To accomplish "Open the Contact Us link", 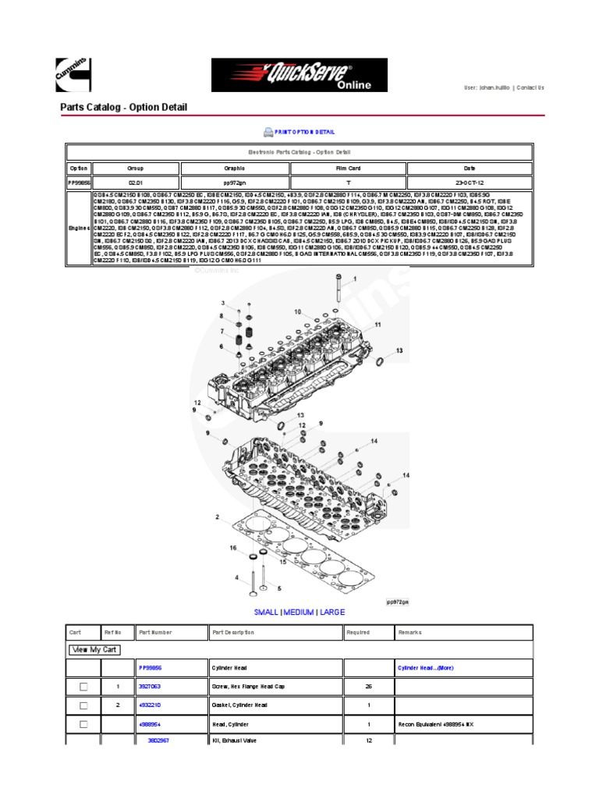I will coord(530,88).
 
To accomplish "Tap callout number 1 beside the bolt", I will coord(356,278).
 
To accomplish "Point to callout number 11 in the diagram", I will coord(377,323).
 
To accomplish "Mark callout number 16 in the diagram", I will coord(232,549).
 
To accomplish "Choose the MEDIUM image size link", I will coord(299,613).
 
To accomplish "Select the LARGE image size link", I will coord(331,613).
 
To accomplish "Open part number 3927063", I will coord(150,687).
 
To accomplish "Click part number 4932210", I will coord(150,705).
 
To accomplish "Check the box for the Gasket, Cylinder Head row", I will coord(83,705).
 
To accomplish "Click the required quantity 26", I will coord(368,687).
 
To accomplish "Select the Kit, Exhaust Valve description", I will coord(234,740).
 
